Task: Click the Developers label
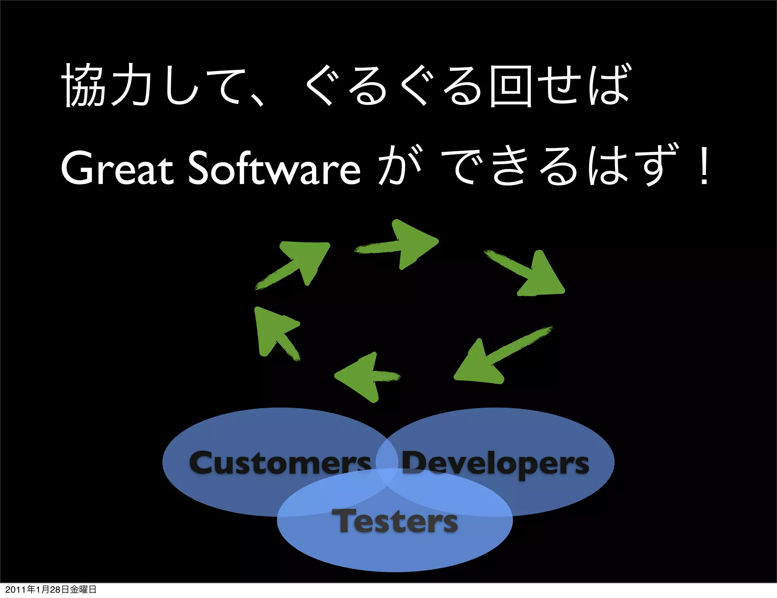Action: (495, 463)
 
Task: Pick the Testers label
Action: (395, 521)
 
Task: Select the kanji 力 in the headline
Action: (131, 86)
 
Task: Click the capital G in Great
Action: (78, 168)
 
